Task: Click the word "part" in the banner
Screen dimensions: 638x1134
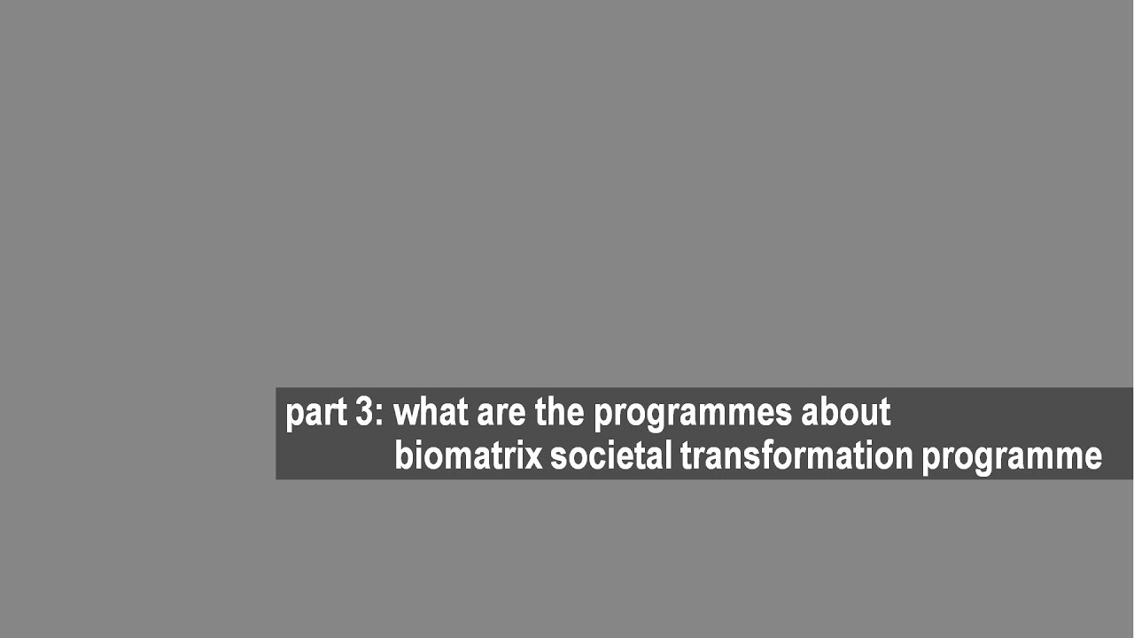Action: click(315, 413)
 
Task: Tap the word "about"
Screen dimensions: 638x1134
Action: click(845, 412)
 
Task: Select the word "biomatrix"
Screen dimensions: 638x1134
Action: click(468, 455)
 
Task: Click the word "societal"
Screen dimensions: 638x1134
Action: click(611, 455)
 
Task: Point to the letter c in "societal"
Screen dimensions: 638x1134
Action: click(589, 457)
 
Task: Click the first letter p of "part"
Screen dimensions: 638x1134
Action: click(293, 416)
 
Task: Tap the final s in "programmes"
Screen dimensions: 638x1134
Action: click(784, 414)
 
